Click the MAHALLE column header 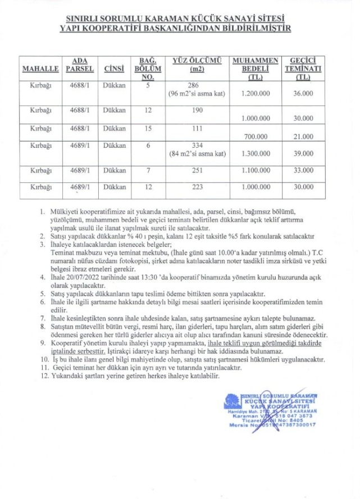(40, 69)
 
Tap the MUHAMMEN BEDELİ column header (256, 68)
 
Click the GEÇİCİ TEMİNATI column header (303, 68)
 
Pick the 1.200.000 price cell (256, 94)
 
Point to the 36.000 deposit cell (303, 94)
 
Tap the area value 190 (197, 111)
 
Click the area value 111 (197, 129)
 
